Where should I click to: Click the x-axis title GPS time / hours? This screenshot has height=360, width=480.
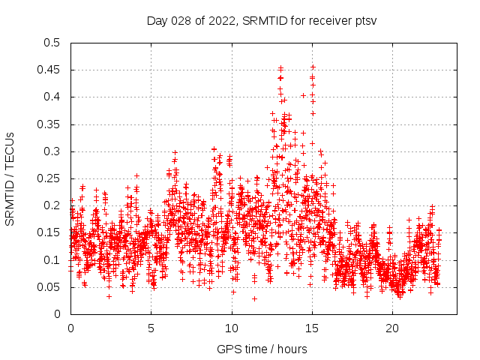pyautogui.click(x=261, y=349)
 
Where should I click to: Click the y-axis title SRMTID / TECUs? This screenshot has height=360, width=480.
pyautogui.click(x=10, y=178)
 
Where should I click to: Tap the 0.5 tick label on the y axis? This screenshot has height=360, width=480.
pyautogui.click(x=51, y=43)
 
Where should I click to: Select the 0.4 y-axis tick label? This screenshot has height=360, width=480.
pyautogui.click(x=51, y=97)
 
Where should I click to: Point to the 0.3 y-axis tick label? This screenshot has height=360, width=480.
pyautogui.click(x=51, y=151)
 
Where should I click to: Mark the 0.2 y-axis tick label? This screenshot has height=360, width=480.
pyautogui.click(x=51, y=205)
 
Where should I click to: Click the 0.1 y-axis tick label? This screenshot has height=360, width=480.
pyautogui.click(x=51, y=260)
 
